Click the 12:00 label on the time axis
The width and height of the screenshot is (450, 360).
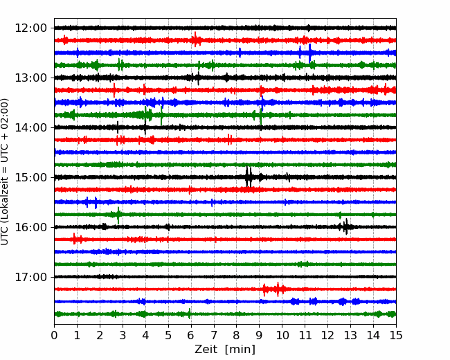(30, 28)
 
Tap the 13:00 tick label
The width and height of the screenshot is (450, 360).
(30, 78)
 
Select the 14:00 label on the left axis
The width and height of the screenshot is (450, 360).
(30, 127)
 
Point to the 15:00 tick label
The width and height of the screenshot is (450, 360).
(30, 177)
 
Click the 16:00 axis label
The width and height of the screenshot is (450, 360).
(30, 227)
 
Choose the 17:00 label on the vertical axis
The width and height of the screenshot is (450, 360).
(30, 277)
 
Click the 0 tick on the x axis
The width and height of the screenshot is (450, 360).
(54, 335)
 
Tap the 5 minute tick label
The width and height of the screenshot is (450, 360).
(168, 335)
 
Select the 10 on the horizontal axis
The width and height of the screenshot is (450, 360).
(282, 335)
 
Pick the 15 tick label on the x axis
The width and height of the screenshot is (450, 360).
(396, 335)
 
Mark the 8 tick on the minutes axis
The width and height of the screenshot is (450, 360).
(237, 335)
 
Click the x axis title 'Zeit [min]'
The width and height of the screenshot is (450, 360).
(225, 350)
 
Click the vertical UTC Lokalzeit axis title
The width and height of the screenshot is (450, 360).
(4, 172)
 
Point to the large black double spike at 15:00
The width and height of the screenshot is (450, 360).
(249, 177)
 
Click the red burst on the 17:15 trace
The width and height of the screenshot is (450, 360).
(274, 289)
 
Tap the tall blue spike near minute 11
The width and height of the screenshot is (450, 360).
(310, 53)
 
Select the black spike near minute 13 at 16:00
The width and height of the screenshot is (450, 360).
(346, 227)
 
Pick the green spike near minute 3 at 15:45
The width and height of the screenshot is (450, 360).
(118, 215)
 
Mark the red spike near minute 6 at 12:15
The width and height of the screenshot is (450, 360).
(195, 39)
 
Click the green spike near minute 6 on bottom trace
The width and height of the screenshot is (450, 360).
(189, 314)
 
